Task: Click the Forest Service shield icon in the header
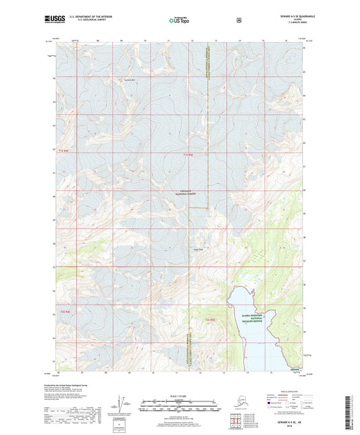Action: pos(238,20)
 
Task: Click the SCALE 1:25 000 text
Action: pos(180,394)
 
